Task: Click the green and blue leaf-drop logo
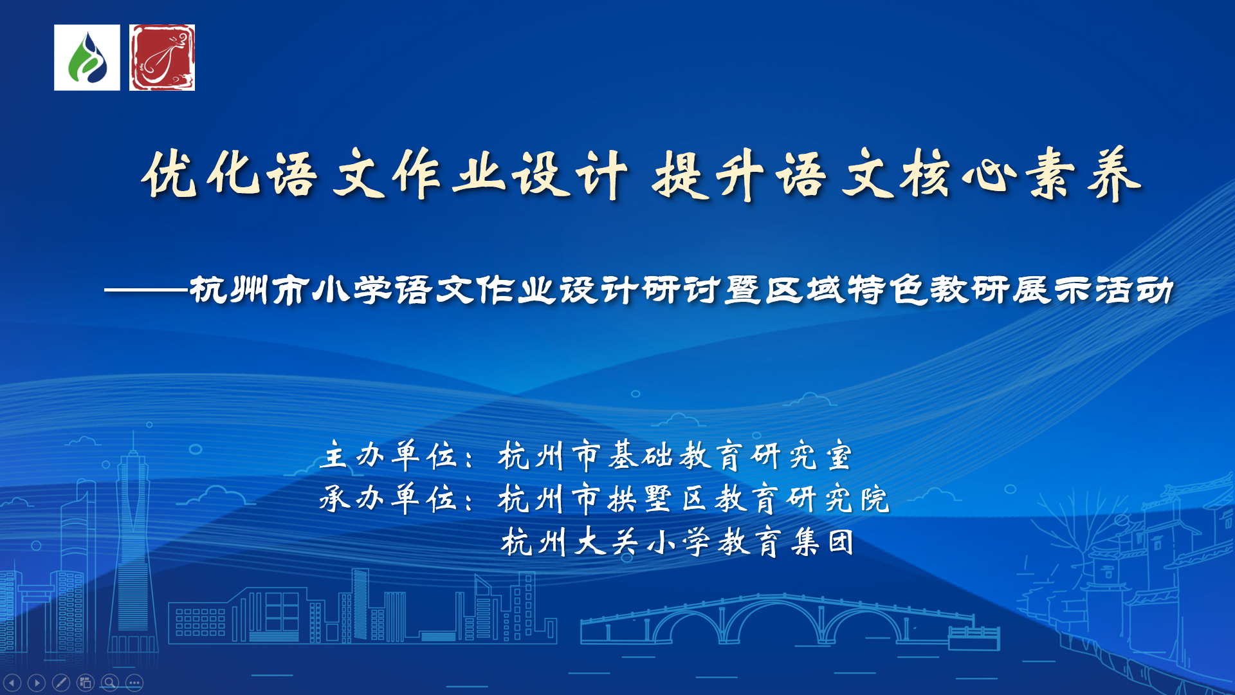87,58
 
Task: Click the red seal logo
162,58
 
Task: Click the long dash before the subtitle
146,291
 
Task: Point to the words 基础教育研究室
730,456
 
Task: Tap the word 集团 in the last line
823,541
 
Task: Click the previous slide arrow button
12,682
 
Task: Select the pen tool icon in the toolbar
61,682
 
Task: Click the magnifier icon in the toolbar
110,682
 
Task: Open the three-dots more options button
134,682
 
